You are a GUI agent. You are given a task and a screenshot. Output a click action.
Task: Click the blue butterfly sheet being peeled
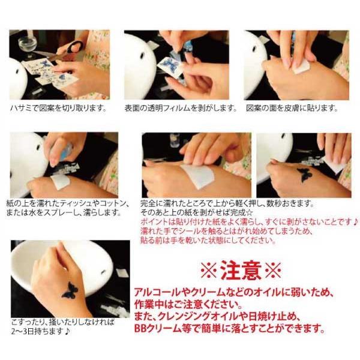click(170, 65)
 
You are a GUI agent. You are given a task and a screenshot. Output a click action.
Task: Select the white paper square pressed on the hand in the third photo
click(301, 67)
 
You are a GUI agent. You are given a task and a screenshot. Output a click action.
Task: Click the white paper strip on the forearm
click(198, 176)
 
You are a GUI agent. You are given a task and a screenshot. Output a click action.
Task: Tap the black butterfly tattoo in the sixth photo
click(305, 175)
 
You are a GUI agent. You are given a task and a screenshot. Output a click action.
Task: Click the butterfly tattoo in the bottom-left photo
click(70, 290)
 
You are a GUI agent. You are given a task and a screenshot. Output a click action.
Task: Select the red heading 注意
click(241, 270)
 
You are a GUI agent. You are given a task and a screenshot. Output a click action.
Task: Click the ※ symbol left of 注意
click(208, 271)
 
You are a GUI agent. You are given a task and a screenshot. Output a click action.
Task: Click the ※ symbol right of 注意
click(273, 270)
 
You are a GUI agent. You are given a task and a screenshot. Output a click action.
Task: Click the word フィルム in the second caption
click(176, 108)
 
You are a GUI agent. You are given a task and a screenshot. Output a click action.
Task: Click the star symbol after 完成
click(250, 212)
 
